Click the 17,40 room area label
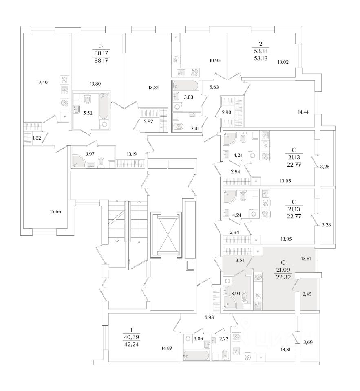[x=42, y=82]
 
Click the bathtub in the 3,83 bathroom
[x=186, y=86]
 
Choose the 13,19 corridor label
[x=132, y=154]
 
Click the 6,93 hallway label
[x=210, y=316]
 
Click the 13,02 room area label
[x=283, y=62]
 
